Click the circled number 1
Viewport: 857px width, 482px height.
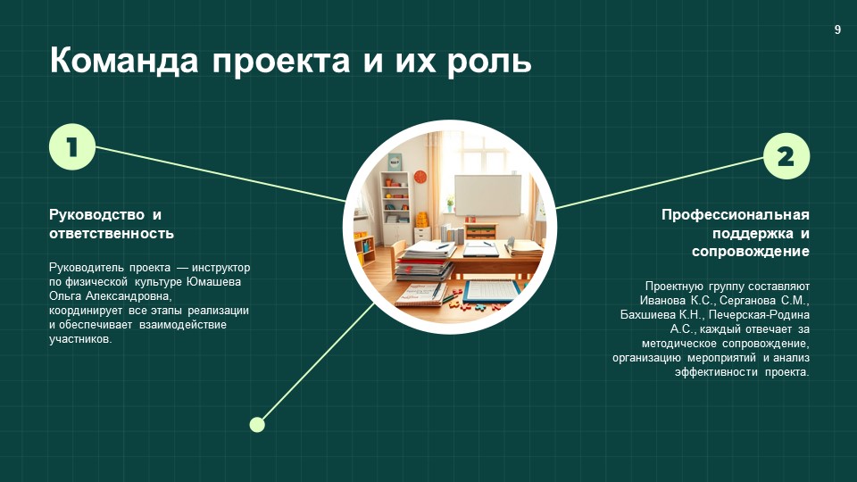71,146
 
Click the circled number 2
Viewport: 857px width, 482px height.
786,157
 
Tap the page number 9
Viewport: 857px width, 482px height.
837,29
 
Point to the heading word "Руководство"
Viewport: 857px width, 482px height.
96,214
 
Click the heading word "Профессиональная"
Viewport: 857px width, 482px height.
735,214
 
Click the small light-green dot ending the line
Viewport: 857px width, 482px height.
257,424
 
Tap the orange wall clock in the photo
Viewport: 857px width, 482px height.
420,177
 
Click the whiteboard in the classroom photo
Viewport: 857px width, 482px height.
487,195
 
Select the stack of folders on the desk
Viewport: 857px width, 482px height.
425,262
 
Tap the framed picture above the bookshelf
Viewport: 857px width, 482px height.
395,162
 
